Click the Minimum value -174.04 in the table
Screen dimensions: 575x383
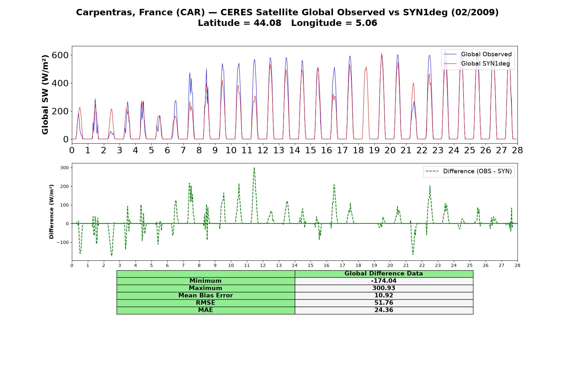[x=384, y=281]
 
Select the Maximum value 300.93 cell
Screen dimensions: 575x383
[x=384, y=288]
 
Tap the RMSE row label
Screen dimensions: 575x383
[x=205, y=303]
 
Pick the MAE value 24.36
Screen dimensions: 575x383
[x=384, y=310]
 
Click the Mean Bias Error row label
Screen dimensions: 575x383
[x=205, y=296]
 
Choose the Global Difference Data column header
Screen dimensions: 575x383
[x=384, y=274]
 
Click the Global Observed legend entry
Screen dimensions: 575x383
[x=478, y=54]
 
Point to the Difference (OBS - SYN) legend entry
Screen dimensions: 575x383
[x=469, y=171]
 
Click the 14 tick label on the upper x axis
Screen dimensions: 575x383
[x=295, y=150]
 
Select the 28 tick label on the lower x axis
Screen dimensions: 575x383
[x=517, y=265]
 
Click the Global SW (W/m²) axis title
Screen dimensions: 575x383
[x=45, y=94]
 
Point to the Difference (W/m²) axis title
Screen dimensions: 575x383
[x=51, y=212]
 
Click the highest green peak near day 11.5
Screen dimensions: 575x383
[x=254, y=168]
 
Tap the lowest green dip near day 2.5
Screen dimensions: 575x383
[x=111, y=255]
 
